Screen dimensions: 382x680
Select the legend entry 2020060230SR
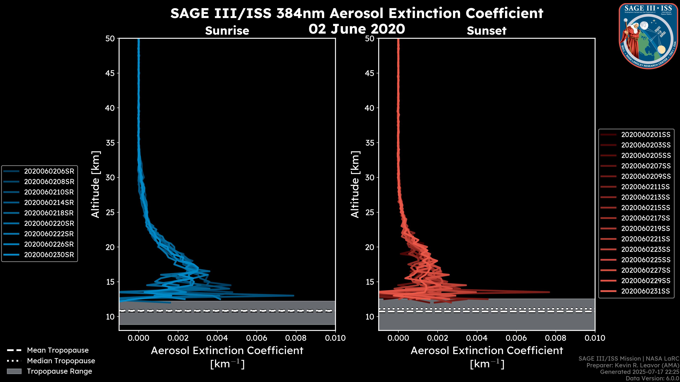(49, 255)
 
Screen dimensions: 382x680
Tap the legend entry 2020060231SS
(645, 291)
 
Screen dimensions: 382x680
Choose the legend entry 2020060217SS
(645, 218)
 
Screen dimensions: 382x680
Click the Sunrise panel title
(227, 31)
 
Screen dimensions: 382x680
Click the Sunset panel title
(486, 31)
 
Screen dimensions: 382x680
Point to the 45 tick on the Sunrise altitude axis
(110, 73)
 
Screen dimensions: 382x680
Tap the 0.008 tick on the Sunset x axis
(556, 338)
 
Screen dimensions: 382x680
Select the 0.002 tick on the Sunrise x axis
(178, 338)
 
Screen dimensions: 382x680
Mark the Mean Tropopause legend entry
(58, 350)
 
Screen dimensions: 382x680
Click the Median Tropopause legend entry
(61, 361)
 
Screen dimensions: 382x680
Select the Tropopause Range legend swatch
(14, 371)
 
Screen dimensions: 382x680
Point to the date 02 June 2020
(357, 29)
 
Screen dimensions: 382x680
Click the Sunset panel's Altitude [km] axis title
(355, 184)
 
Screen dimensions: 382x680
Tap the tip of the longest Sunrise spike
(294, 296)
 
